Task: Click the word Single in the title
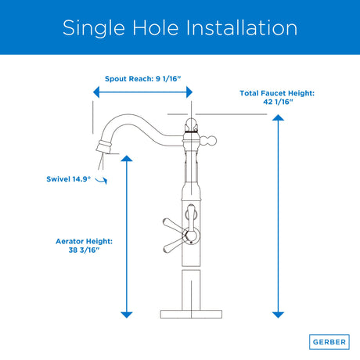[94, 28]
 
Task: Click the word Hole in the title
[156, 27]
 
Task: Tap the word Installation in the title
[242, 27]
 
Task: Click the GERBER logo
[329, 342]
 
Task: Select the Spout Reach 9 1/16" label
[142, 78]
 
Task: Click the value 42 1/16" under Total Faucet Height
[278, 102]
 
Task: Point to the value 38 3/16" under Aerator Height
[84, 250]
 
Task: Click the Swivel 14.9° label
[69, 179]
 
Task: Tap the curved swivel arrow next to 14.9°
[102, 180]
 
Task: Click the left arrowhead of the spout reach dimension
[96, 92]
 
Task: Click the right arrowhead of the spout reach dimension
[189, 92]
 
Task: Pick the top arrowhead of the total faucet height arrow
[278, 117]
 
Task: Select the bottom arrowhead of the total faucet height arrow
[278, 315]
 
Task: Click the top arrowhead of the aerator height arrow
[127, 158]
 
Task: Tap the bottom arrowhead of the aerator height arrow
[127, 315]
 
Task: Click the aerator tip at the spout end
[104, 146]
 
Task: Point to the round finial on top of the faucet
[191, 125]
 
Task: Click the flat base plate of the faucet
[191, 314]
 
